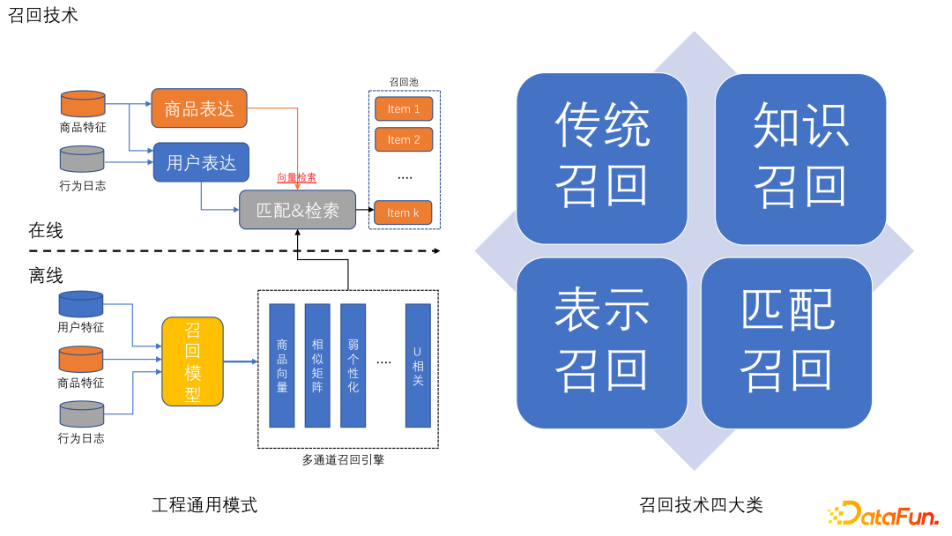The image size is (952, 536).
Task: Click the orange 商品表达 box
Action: (x=199, y=108)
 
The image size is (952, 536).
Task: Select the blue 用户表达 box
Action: (x=201, y=162)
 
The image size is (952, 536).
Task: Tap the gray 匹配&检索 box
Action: (x=297, y=210)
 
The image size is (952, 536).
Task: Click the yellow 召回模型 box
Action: (x=192, y=361)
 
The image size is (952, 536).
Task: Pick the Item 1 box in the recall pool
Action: (x=404, y=109)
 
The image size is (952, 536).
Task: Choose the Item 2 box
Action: (x=404, y=139)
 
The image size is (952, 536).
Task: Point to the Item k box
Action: (x=403, y=212)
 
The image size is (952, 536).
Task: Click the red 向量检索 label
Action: (x=297, y=177)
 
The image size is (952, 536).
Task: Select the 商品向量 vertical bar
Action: (x=282, y=365)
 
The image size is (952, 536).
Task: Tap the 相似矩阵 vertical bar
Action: (x=317, y=365)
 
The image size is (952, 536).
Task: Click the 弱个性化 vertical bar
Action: (x=353, y=365)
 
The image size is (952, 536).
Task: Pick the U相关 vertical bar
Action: (x=418, y=365)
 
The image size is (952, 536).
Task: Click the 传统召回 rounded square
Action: (x=602, y=159)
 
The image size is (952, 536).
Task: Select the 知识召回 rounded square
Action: (x=800, y=159)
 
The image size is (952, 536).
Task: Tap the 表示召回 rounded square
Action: (x=602, y=343)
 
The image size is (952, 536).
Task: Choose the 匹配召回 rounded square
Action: (x=786, y=343)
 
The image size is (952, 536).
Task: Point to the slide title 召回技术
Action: (x=43, y=15)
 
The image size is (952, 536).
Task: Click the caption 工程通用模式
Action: (x=205, y=505)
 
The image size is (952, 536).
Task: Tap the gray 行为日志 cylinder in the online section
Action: (x=82, y=159)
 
